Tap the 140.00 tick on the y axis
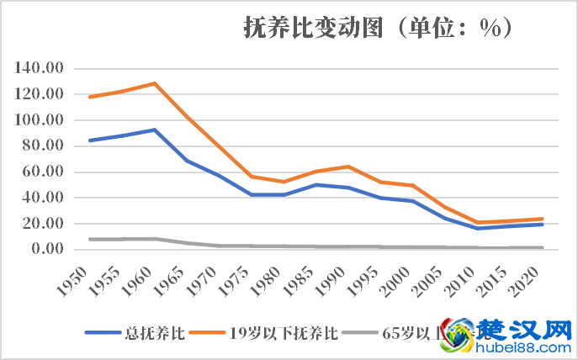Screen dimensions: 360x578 (x=39, y=68)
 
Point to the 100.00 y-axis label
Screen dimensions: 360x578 (x=39, y=120)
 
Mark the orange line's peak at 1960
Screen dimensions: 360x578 (x=155, y=83)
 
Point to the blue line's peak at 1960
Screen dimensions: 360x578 (x=155, y=130)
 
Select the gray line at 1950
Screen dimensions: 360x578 (x=89, y=239)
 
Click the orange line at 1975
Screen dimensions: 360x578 (x=251, y=177)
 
